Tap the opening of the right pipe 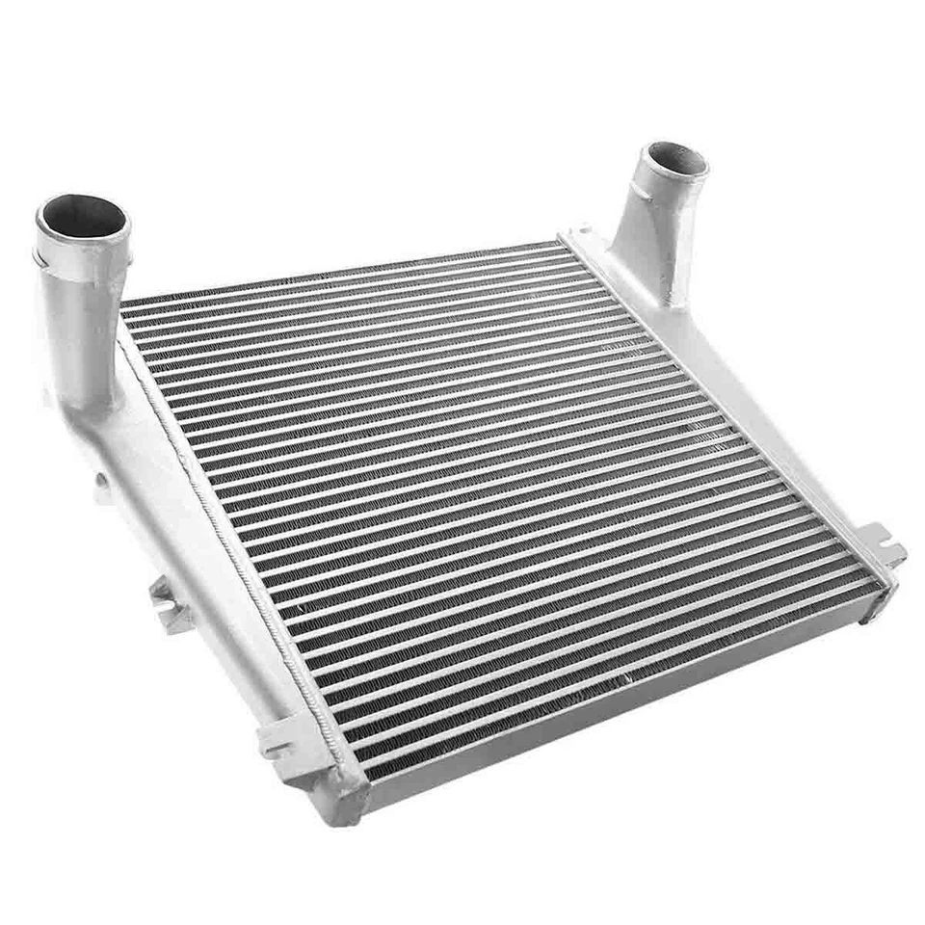click(675, 157)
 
